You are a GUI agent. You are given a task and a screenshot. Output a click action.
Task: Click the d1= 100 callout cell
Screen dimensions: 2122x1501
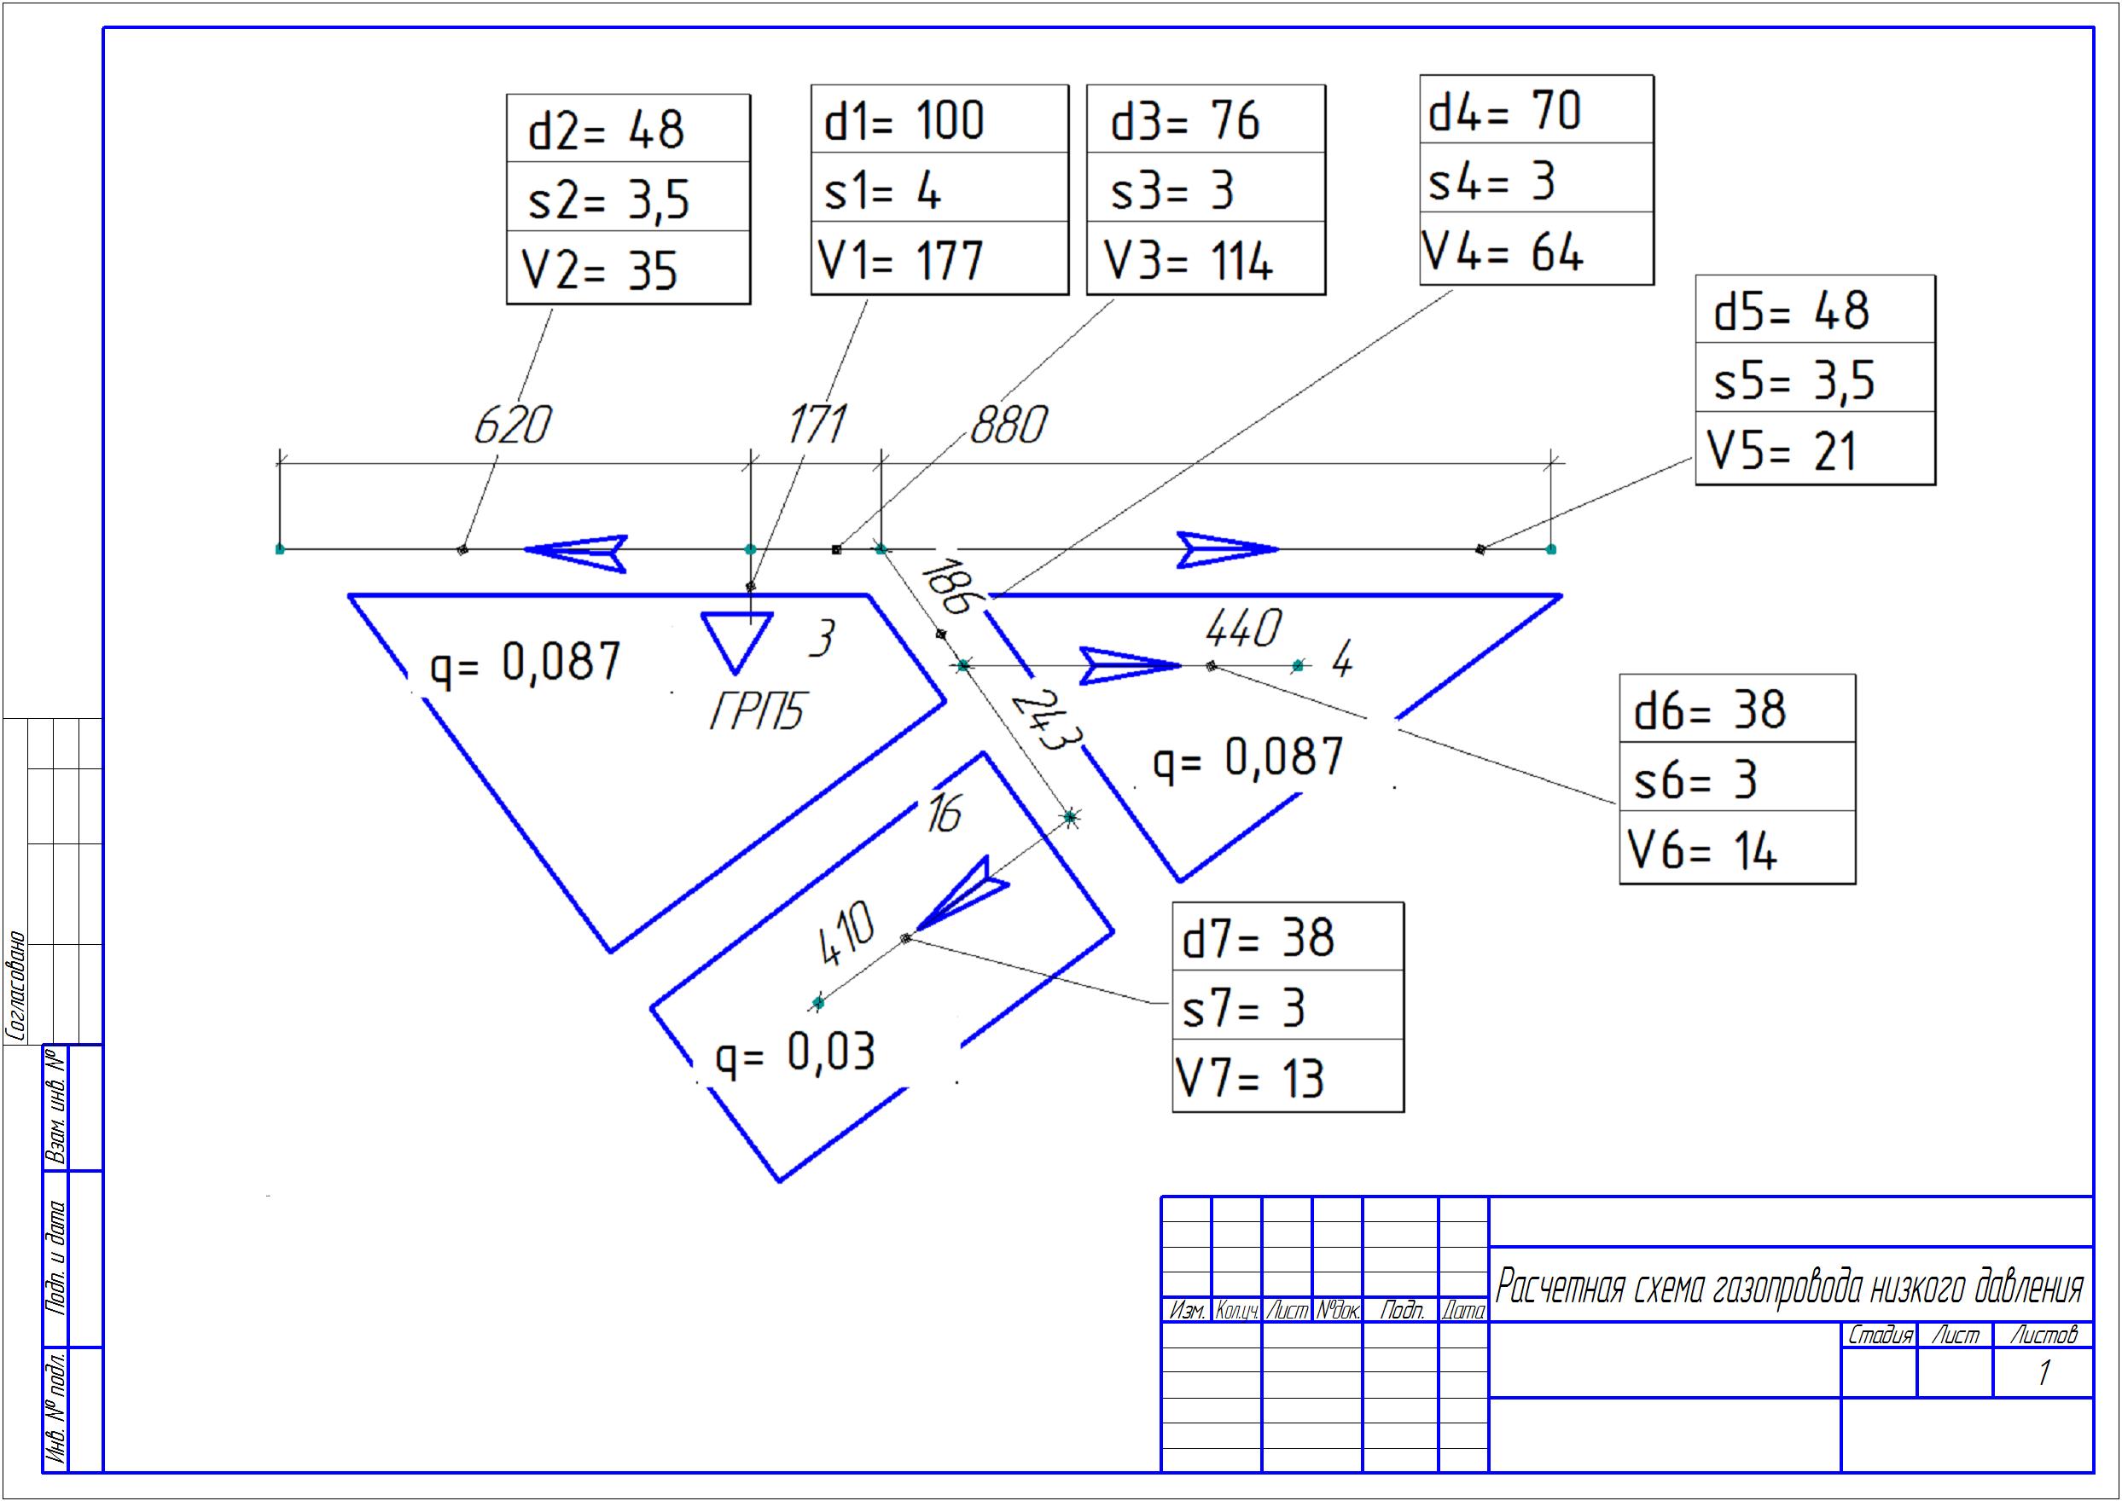tap(939, 119)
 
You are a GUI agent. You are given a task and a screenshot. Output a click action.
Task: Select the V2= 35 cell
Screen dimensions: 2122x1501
tap(628, 267)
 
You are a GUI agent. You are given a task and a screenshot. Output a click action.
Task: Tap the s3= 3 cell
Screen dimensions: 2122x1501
tap(1206, 188)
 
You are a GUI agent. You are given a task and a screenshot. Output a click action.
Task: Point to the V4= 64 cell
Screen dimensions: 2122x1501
tap(1536, 247)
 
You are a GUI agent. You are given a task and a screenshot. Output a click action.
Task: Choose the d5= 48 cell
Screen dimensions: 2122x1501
tap(1815, 309)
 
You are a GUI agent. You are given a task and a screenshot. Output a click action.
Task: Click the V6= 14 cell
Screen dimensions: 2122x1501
tap(1737, 847)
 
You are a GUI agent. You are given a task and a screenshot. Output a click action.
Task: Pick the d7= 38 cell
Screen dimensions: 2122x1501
tap(1288, 936)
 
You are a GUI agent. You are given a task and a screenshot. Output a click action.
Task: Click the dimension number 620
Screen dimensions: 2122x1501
tap(512, 426)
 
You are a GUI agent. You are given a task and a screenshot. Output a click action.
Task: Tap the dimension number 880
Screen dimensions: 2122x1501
tap(1009, 426)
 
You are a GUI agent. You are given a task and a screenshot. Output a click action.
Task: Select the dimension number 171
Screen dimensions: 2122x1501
tap(817, 426)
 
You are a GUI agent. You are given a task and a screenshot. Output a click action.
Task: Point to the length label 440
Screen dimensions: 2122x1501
tap(1244, 629)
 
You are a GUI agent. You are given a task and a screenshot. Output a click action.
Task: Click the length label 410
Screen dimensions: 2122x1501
tap(846, 935)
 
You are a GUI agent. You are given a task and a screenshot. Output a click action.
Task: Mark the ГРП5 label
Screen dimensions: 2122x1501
tap(756, 711)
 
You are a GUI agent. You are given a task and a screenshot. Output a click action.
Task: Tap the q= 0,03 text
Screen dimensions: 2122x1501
tap(795, 1052)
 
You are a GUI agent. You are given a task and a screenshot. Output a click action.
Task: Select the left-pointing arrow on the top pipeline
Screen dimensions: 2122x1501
tap(576, 553)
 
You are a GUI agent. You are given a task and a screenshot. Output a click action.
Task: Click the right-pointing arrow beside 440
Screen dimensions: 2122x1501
tap(1131, 666)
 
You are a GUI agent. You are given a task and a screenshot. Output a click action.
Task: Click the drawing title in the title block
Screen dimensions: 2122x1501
tap(1789, 1285)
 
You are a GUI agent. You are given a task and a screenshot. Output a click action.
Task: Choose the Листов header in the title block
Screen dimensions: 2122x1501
tap(2044, 1335)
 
